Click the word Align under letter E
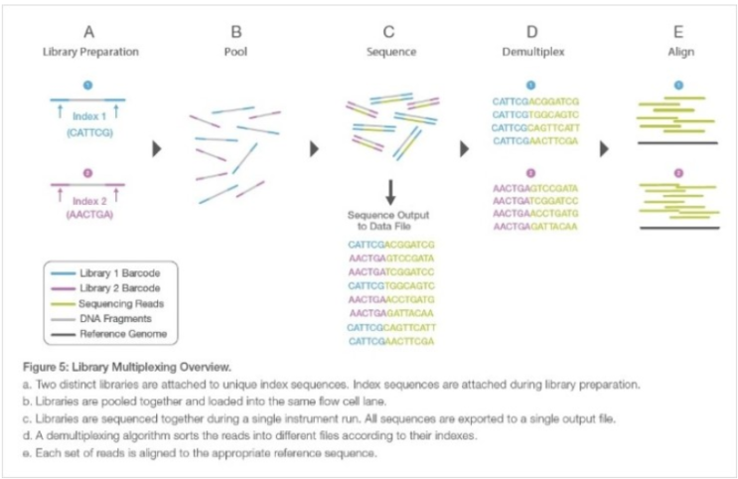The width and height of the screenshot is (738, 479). pyautogui.click(x=678, y=50)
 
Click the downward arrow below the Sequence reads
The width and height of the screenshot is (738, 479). pyautogui.click(x=391, y=190)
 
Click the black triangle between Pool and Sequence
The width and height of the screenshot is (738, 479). pyautogui.click(x=315, y=149)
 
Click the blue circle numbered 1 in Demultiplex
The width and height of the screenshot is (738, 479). pyautogui.click(x=529, y=85)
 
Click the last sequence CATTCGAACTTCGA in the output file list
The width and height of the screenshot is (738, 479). pyautogui.click(x=391, y=340)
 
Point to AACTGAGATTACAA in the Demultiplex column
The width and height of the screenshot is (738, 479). pyautogui.click(x=535, y=227)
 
